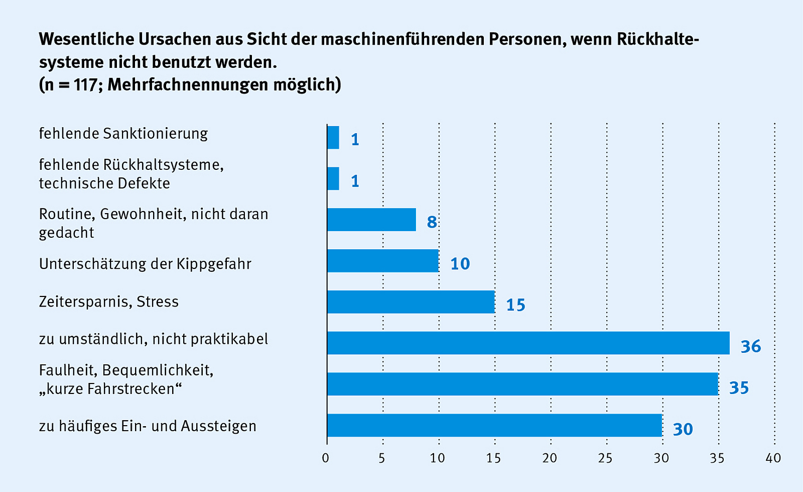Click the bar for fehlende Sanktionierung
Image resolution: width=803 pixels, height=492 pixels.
pyautogui.click(x=333, y=138)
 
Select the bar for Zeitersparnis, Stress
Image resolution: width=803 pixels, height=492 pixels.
pyautogui.click(x=411, y=302)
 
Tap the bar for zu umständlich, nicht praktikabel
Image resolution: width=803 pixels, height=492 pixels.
pyautogui.click(x=528, y=343)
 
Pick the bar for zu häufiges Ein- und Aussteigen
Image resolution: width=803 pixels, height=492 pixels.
pyautogui.click(x=494, y=426)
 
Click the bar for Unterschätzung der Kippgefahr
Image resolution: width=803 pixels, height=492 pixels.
pyautogui.click(x=382, y=261)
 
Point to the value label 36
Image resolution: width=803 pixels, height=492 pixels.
pyautogui.click(x=751, y=346)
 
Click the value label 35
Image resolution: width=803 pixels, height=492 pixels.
pyautogui.click(x=739, y=387)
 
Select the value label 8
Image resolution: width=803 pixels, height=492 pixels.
pyautogui.click(x=432, y=222)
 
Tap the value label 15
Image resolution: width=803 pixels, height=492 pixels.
pyautogui.click(x=515, y=305)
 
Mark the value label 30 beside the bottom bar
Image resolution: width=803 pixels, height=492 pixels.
pyautogui.click(x=683, y=429)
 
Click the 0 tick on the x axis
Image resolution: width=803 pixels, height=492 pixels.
pyautogui.click(x=326, y=458)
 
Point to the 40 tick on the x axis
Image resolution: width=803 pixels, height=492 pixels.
pyautogui.click(x=773, y=458)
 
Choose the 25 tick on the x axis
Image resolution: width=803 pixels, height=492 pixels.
pyautogui.click(x=606, y=458)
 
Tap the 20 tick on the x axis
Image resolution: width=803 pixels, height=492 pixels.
pyautogui.click(x=550, y=458)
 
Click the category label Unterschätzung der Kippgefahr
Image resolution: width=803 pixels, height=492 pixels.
pyautogui.click(x=145, y=264)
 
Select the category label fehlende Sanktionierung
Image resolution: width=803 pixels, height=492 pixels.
pyautogui.click(x=123, y=134)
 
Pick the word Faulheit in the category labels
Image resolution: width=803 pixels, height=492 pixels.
pyautogui.click(x=68, y=370)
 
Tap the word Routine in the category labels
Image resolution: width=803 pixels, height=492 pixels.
pyautogui.click(x=67, y=214)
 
